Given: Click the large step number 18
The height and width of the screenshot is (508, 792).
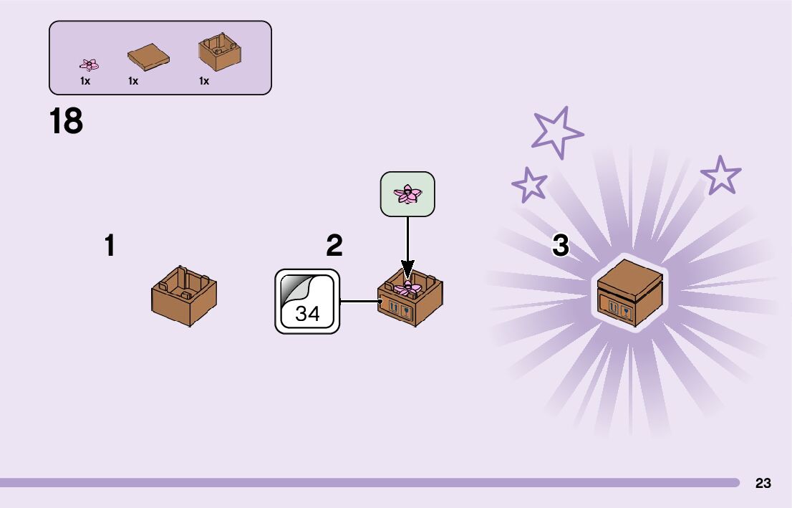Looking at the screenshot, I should coord(66,121).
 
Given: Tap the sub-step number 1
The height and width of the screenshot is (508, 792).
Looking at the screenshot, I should coord(110,246).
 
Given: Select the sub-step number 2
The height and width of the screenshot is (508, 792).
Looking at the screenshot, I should coord(334,246).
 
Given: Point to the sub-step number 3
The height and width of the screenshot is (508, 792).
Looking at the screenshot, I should coord(561,246).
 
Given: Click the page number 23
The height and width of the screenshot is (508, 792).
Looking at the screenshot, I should coord(763,483).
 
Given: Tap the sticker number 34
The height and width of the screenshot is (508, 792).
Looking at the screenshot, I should coord(307,313).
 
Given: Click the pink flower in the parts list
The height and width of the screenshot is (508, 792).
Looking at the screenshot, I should coord(89,65).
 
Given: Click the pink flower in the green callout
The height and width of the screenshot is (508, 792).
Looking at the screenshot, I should coord(407,193).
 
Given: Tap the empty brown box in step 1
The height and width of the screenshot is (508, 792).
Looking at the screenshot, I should coord(184,295).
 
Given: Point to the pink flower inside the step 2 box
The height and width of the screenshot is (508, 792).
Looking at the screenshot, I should coord(407,288).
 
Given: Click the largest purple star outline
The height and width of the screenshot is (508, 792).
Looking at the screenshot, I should coord(557,132).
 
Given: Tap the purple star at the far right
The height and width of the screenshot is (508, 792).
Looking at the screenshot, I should coord(720,176).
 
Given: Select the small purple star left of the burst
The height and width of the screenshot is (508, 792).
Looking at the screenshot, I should coord(530,185).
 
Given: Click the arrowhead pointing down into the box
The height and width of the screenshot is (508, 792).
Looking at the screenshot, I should coord(407,273).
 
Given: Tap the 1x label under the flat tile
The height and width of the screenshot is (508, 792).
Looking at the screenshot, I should coord(133,81).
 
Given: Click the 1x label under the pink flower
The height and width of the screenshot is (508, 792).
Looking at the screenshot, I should coord(85,81).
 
